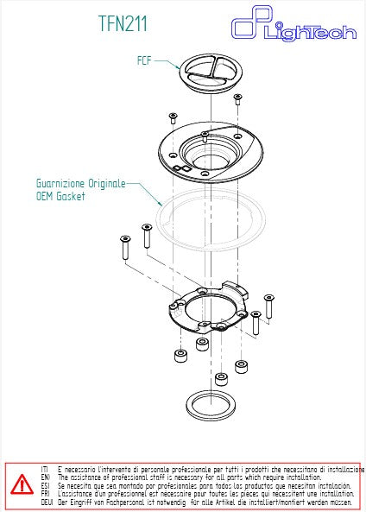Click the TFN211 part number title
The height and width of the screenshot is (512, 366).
(123, 24)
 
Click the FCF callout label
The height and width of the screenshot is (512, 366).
(146, 61)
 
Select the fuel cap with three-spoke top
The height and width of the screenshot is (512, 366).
(212, 73)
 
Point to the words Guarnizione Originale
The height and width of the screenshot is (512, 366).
(81, 184)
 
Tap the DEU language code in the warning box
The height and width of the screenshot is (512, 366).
(46, 502)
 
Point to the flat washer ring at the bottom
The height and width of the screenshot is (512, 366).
(212, 403)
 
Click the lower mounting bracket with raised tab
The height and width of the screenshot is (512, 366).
(209, 312)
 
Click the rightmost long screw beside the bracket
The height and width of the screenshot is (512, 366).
(268, 305)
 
